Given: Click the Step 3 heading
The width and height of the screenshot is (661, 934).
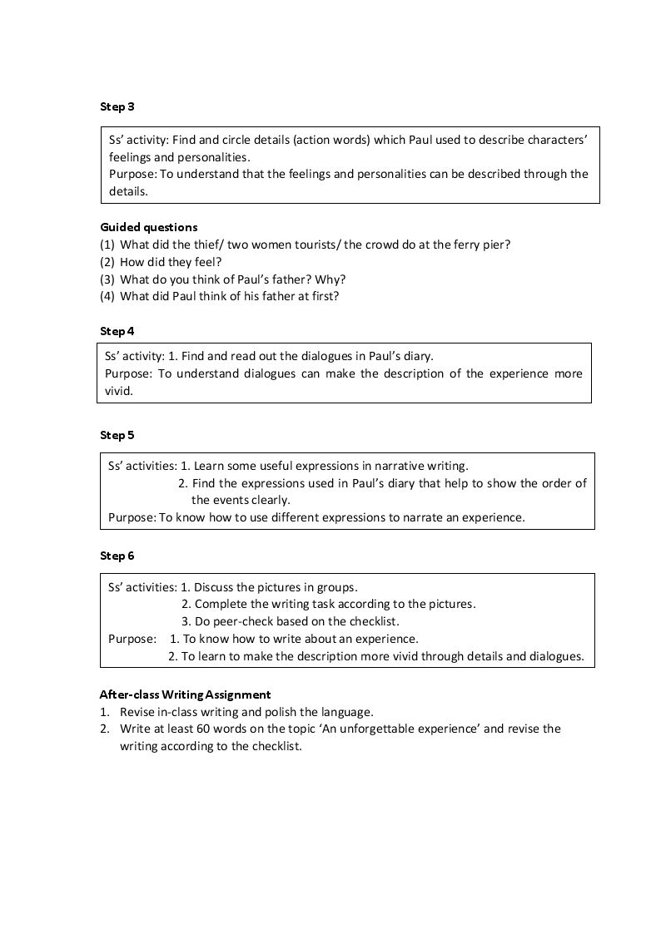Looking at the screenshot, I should click(x=117, y=106).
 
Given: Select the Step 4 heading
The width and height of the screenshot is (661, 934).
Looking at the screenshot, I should click(x=117, y=331).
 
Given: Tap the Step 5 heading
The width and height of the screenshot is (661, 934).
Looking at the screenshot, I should click(x=117, y=435).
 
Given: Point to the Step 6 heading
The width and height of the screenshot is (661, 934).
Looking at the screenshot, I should click(x=117, y=556).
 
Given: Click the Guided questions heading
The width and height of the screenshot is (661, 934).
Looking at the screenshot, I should click(x=149, y=226).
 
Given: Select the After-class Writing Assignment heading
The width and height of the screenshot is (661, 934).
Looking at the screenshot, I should click(x=185, y=694).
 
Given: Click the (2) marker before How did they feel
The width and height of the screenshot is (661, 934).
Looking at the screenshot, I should click(x=107, y=261).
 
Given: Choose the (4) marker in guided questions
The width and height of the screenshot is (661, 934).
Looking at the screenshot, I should click(x=107, y=295).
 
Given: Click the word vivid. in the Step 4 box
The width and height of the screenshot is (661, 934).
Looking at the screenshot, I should click(x=119, y=390).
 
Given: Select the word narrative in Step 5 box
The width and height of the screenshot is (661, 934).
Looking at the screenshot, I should click(x=390, y=466).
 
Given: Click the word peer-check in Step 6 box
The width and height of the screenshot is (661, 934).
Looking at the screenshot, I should click(x=252, y=621).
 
